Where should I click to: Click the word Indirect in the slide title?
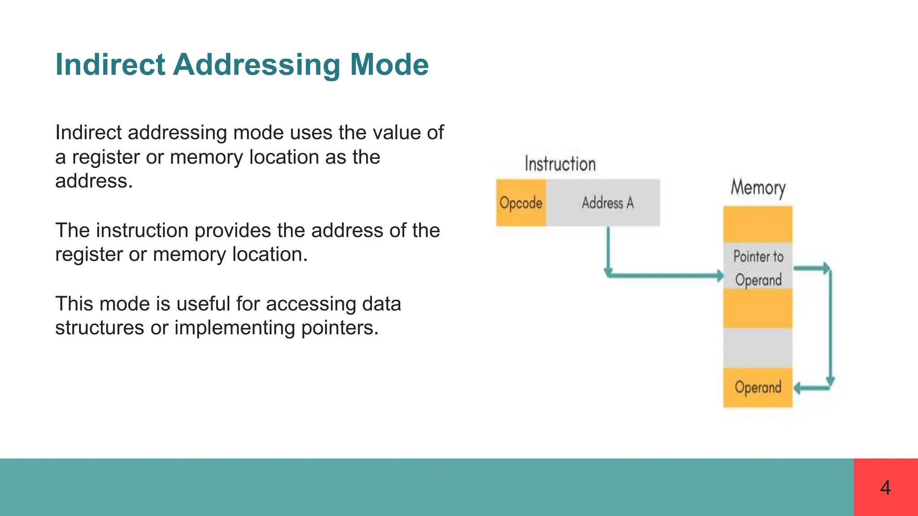110,65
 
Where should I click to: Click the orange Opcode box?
521,203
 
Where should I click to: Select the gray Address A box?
607,203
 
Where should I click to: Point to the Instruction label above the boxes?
560,164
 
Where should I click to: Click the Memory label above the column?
758,188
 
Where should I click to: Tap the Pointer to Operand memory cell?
758,267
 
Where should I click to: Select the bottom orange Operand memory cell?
758,387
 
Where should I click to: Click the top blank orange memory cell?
758,224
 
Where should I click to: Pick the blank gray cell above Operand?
758,348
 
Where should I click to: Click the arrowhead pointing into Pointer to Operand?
720,275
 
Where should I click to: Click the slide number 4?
885,488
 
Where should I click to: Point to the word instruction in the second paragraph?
142,231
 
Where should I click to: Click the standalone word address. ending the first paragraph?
94,181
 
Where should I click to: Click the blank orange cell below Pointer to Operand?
758,308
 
